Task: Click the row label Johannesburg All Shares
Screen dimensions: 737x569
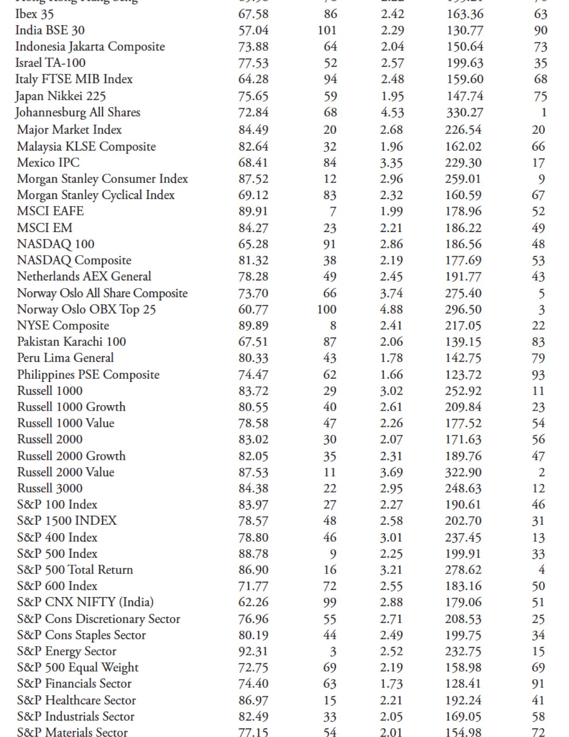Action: [78, 113]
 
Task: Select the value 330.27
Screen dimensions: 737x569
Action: [464, 113]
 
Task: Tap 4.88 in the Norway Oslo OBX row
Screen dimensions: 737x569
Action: [391, 309]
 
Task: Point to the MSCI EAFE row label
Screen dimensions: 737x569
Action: [50, 211]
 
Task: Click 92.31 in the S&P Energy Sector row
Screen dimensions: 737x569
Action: [253, 651]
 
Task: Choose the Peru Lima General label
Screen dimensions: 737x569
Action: [65, 358]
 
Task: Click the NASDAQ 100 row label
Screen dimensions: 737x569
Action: [55, 244]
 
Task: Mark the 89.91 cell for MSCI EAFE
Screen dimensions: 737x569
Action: [253, 211]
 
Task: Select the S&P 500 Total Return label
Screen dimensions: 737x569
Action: [75, 570]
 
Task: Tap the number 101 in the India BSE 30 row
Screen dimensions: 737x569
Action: [327, 30]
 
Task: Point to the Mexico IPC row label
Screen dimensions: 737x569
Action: [48, 163]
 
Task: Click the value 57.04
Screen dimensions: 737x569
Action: [253, 30]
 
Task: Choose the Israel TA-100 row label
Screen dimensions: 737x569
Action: [50, 63]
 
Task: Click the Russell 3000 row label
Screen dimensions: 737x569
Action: [50, 489]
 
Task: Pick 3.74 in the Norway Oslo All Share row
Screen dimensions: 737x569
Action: [391, 293]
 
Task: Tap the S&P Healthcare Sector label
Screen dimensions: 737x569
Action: [76, 700]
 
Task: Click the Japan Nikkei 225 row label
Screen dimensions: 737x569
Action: [60, 96]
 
